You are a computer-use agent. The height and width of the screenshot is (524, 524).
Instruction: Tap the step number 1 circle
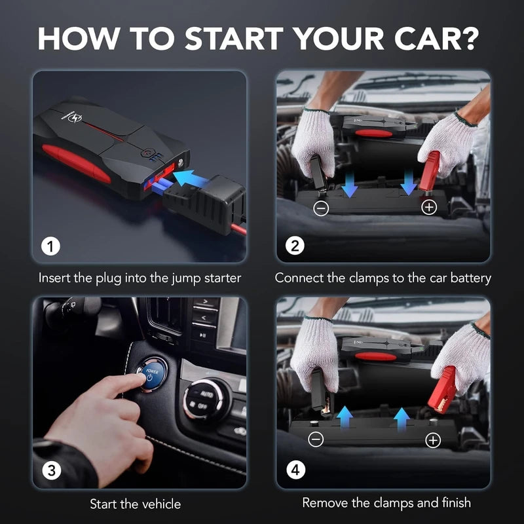click(50, 247)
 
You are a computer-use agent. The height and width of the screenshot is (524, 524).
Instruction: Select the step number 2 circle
click(295, 247)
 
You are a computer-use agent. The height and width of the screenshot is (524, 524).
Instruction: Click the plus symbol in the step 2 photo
click(430, 208)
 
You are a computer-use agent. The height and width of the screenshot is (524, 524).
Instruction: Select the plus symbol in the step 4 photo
click(433, 440)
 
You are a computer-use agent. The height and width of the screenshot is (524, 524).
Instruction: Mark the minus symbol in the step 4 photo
click(316, 439)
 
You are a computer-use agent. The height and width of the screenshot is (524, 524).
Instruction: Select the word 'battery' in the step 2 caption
click(468, 278)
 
